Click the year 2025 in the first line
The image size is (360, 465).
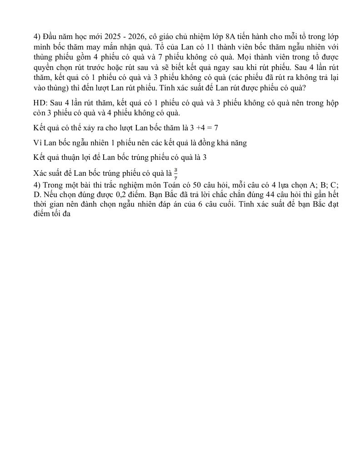click(113, 37)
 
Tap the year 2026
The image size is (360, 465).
click(138, 37)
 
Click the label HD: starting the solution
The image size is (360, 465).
click(40, 103)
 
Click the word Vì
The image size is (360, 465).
click(38, 143)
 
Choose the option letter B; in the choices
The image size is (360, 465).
click(323, 185)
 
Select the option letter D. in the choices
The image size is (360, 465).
click(37, 195)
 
